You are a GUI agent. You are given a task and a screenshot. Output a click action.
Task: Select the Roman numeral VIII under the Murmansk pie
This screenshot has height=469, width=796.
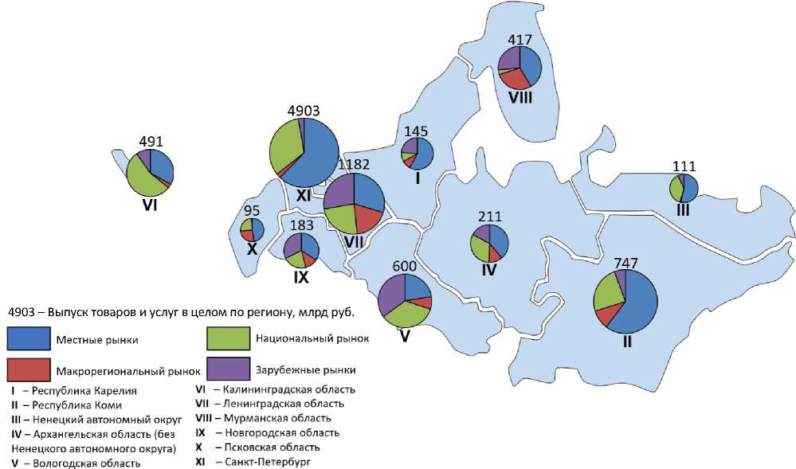(520, 98)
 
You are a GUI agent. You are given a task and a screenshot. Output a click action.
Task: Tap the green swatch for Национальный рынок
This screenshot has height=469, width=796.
(228, 339)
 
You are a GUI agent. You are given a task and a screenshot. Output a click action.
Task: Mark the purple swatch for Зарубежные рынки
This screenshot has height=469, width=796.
(228, 369)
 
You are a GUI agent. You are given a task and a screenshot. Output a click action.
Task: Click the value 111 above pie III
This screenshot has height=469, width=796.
(684, 166)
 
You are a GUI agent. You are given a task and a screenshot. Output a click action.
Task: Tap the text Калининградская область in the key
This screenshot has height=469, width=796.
(289, 389)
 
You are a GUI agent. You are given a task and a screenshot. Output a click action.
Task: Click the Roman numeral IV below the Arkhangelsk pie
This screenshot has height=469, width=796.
(489, 271)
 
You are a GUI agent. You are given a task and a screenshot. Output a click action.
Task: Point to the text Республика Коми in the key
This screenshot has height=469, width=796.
(78, 404)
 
